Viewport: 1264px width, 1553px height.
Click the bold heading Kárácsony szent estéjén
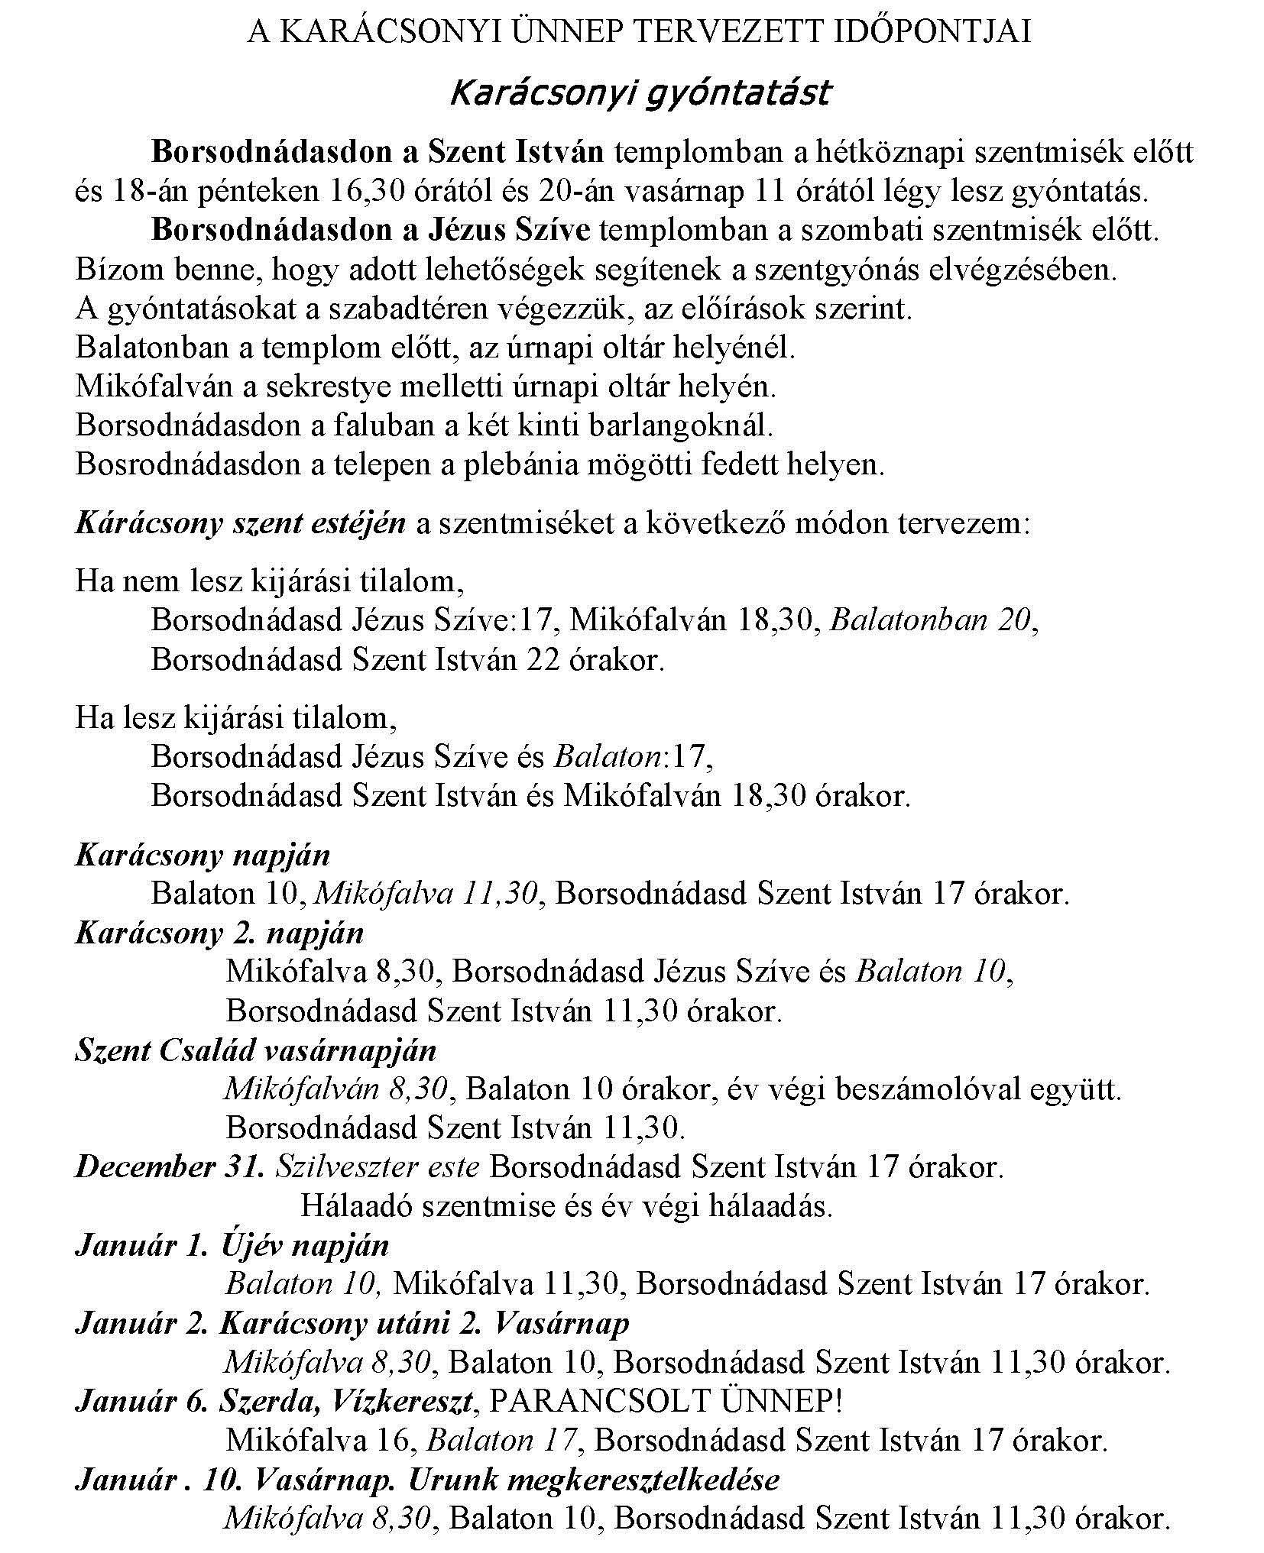[x=241, y=524]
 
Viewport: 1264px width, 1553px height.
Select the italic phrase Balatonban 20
[x=932, y=620]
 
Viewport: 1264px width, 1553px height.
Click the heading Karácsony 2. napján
[x=220, y=933]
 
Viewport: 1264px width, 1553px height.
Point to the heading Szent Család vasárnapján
[x=255, y=1050]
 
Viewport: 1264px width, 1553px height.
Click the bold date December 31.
[x=170, y=1167]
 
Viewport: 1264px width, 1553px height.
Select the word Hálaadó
[x=357, y=1206]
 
